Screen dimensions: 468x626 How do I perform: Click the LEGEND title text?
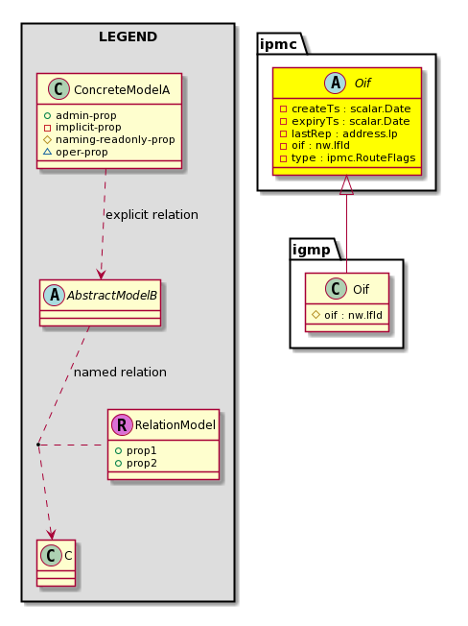[x=128, y=36]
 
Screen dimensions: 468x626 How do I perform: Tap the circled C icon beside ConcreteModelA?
[x=58, y=89]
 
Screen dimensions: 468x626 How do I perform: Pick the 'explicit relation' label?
[x=152, y=215]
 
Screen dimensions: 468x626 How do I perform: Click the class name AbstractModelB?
[x=112, y=296]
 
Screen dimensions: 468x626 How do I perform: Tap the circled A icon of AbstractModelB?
[x=55, y=296]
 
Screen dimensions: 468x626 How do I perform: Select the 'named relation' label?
[x=120, y=373]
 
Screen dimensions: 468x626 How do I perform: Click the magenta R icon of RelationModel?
[x=122, y=424]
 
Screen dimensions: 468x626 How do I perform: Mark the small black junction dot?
[x=37, y=444]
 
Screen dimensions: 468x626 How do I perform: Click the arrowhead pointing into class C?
[x=51, y=534]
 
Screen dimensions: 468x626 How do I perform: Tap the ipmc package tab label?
[x=278, y=44]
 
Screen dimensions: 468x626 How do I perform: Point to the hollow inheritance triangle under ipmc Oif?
[x=346, y=185]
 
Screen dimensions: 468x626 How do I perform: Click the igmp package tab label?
[x=312, y=250]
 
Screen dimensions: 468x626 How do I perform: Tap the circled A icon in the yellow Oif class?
[x=336, y=83]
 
